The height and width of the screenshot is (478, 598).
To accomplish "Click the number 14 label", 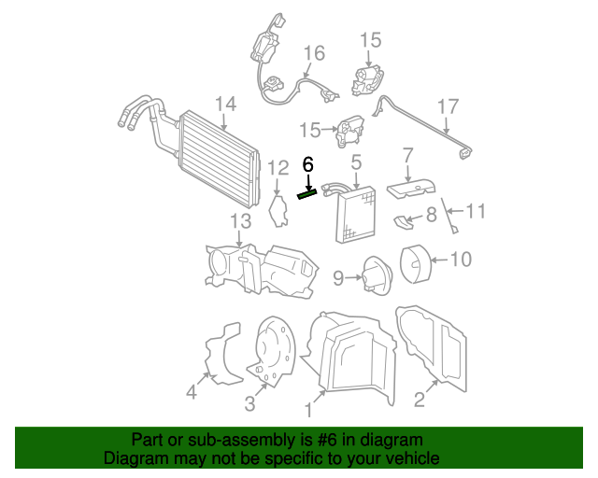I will [225, 104].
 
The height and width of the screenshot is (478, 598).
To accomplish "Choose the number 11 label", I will [476, 212].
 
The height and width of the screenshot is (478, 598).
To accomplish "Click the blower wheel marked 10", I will [414, 261].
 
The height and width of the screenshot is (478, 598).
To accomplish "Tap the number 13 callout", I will [241, 221].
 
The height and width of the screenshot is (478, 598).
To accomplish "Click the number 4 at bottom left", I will [191, 392].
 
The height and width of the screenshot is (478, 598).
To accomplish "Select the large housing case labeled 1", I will [353, 359].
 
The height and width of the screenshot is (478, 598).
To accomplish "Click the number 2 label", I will [419, 401].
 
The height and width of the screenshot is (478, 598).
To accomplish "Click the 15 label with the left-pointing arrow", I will [309, 129].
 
